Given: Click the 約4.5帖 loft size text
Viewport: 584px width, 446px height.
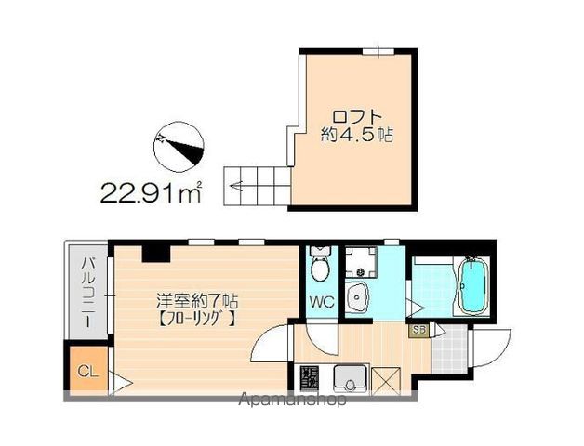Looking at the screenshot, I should (356, 134).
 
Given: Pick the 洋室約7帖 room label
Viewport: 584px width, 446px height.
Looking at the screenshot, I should (197, 301).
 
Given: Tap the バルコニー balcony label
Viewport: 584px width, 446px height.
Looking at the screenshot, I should (85, 289).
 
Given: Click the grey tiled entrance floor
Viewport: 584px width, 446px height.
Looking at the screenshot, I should (451, 352).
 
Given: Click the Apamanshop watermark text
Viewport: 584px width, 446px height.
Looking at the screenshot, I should (293, 400).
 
